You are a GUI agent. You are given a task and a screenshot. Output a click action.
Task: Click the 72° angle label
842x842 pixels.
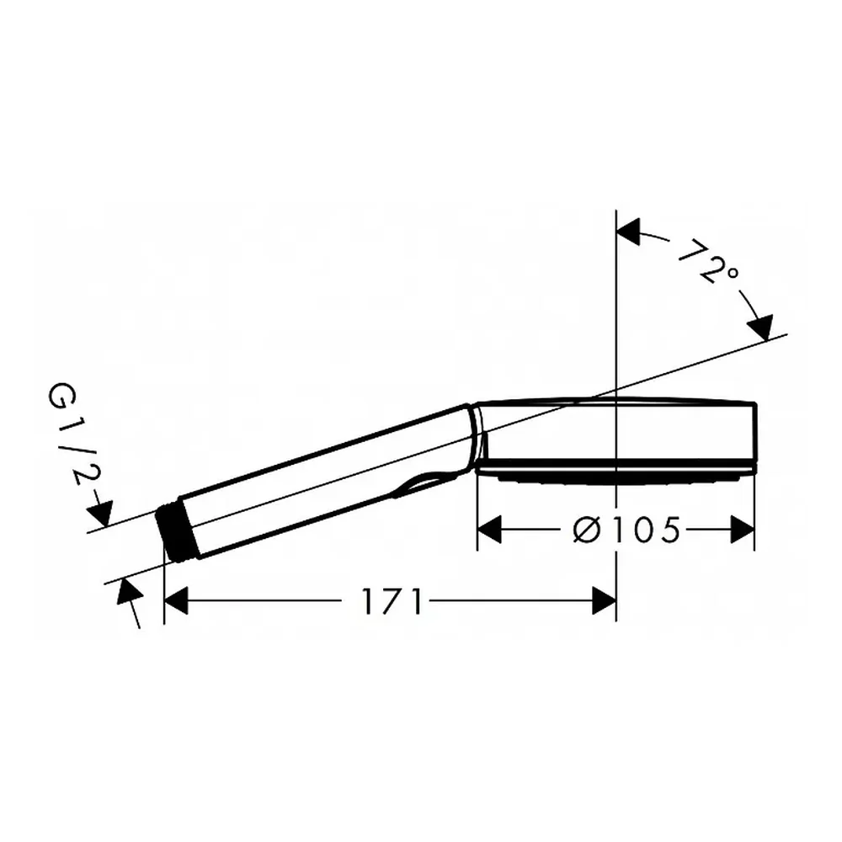point(708,262)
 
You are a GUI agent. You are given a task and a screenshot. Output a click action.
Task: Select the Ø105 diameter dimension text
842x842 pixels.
point(626,530)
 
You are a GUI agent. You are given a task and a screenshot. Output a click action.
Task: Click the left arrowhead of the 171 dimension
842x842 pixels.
point(176,601)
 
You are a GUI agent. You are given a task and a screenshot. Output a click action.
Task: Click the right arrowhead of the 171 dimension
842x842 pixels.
point(604,601)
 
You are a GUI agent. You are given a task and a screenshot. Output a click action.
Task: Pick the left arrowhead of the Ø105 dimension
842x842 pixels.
point(489,530)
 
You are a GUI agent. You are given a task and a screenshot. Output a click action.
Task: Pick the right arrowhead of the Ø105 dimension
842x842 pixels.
point(742,530)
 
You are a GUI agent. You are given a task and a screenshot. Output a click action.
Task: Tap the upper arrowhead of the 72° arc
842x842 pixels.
point(629,232)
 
